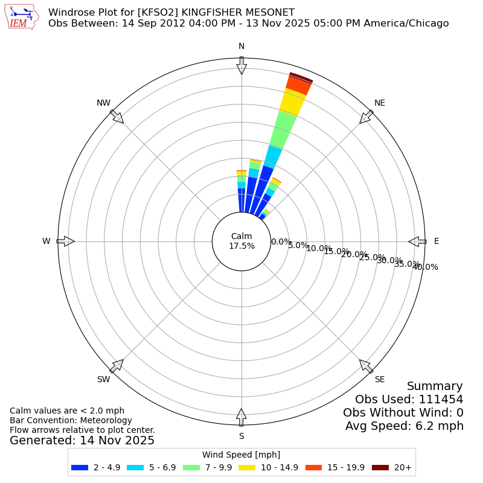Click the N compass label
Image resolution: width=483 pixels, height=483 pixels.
coord(241,46)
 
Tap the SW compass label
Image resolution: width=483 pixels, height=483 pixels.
coord(103,379)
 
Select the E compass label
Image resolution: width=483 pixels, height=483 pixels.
coord(437,241)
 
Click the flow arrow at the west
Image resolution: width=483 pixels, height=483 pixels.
coord(65,241)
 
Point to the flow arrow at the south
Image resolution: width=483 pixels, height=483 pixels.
coord(241,417)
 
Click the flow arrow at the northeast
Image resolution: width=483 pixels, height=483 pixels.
coord(366,117)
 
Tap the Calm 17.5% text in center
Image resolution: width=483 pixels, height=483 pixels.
coord(241,241)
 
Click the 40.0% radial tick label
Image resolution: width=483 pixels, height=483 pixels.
coord(425,267)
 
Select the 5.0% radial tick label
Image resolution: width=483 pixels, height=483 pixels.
coord(298,245)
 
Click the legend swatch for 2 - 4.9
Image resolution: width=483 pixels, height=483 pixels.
coord(80,467)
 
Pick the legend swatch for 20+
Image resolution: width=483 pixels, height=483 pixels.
coord(380,467)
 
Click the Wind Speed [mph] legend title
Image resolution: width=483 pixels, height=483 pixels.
coord(241,455)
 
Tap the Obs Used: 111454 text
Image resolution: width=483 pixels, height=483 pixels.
coord(409,399)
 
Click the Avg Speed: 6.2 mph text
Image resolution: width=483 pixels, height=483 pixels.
coord(404,426)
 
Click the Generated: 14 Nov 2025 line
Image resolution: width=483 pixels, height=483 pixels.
coord(82,441)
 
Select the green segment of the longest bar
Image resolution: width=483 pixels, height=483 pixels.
coord(283,129)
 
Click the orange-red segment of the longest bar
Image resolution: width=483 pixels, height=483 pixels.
coord(299,85)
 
